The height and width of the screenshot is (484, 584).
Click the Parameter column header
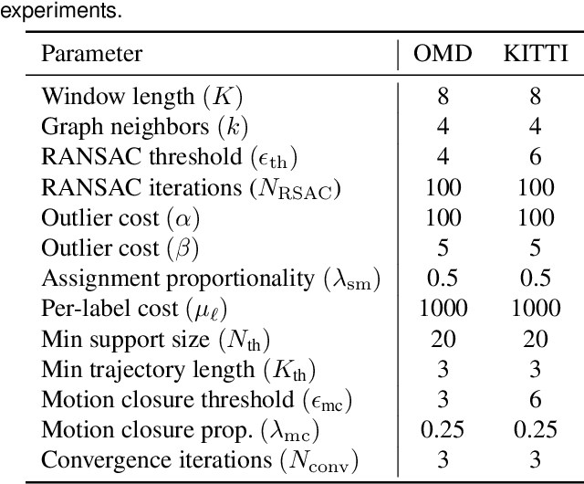coord(92,54)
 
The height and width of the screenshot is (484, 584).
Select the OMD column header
coord(443,54)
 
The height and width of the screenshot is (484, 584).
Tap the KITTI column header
coord(536,54)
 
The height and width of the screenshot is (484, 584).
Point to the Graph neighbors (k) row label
coord(145,126)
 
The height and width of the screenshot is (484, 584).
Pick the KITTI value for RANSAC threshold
coord(536,157)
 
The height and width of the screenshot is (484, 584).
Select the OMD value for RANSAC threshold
coord(443,157)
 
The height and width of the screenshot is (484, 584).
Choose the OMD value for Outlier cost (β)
coord(443,249)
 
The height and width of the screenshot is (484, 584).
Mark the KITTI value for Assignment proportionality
coord(536,279)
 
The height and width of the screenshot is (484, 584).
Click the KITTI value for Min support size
coord(536,341)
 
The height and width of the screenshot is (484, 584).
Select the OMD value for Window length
coord(443,96)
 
